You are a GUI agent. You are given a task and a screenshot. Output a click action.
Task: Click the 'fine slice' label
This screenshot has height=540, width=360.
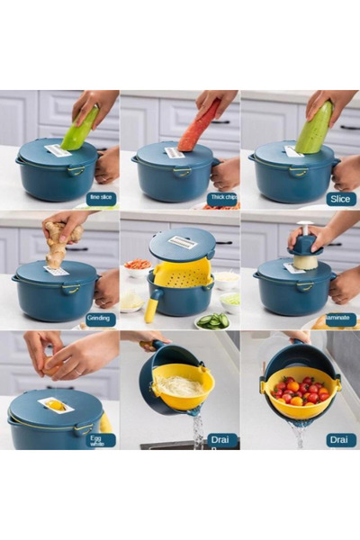pos(101,198)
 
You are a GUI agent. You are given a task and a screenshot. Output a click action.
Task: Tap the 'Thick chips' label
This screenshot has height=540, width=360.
pos(222,198)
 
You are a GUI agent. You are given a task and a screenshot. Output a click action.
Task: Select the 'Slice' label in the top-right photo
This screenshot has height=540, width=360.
pos(341,198)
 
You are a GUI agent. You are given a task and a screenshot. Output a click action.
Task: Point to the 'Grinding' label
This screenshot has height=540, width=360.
pos(101,319)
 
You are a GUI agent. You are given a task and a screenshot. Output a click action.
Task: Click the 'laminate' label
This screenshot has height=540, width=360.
pos(341,319)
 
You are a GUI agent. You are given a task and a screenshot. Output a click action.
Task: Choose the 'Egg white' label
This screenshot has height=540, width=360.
pos(101,439)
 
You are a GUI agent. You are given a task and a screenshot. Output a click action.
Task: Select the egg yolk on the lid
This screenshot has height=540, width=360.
pos(57,406)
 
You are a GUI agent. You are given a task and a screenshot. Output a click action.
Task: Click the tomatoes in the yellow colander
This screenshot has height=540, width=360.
pos(300,391)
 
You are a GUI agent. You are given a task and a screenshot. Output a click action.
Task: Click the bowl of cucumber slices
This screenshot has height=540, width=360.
pos(212,320)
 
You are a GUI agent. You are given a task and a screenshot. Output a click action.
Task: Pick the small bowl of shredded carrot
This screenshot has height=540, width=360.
pos(138,267)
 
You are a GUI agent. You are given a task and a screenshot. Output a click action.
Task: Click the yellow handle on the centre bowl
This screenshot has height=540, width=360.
pos(152,308)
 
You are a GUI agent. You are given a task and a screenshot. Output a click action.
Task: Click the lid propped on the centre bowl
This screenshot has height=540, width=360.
pos(183,242)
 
